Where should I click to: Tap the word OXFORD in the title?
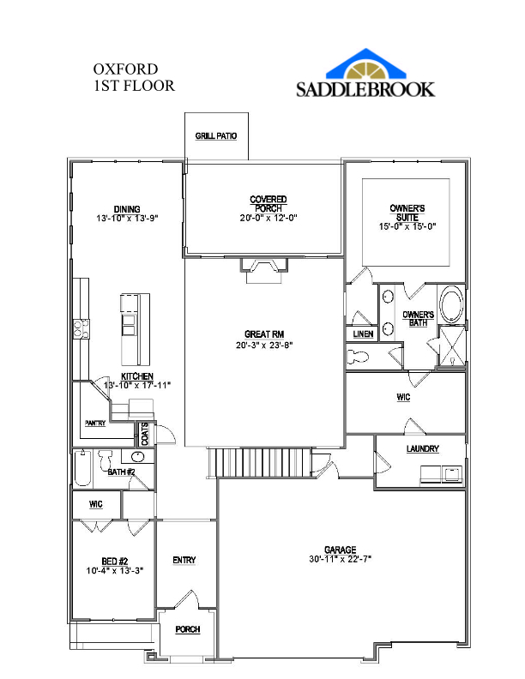tap(125, 69)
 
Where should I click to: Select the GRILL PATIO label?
tap(216, 135)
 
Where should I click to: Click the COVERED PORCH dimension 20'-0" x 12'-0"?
tap(269, 218)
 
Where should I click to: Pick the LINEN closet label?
tap(363, 333)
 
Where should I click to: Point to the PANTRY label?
tap(94, 423)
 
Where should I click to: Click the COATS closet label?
tap(146, 434)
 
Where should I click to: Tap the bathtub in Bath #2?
tap(83, 469)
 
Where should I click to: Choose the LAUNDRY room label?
tap(422, 448)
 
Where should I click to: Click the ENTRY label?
tap(184, 560)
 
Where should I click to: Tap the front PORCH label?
tap(187, 629)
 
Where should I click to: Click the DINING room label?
tap(127, 208)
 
